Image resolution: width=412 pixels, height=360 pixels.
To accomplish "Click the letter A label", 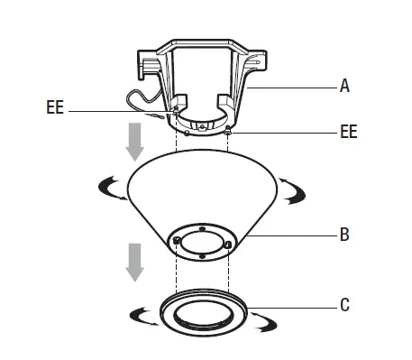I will (344, 88).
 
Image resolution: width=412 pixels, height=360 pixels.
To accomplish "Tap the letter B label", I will (343, 238).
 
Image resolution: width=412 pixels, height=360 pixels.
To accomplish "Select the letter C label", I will (343, 306).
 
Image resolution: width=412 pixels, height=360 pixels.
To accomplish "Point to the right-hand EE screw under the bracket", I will (231, 129).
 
